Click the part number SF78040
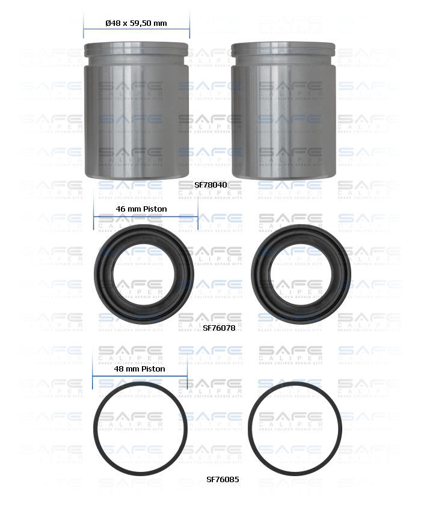click(x=210, y=185)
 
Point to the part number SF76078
click(x=219, y=328)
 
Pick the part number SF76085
click(x=223, y=480)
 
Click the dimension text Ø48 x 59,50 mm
click(x=136, y=23)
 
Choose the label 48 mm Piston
click(x=140, y=369)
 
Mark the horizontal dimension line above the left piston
click(x=137, y=29)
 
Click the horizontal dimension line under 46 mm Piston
click(x=146, y=215)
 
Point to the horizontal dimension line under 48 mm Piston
click(x=140, y=376)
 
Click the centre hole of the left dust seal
click(x=144, y=273)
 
